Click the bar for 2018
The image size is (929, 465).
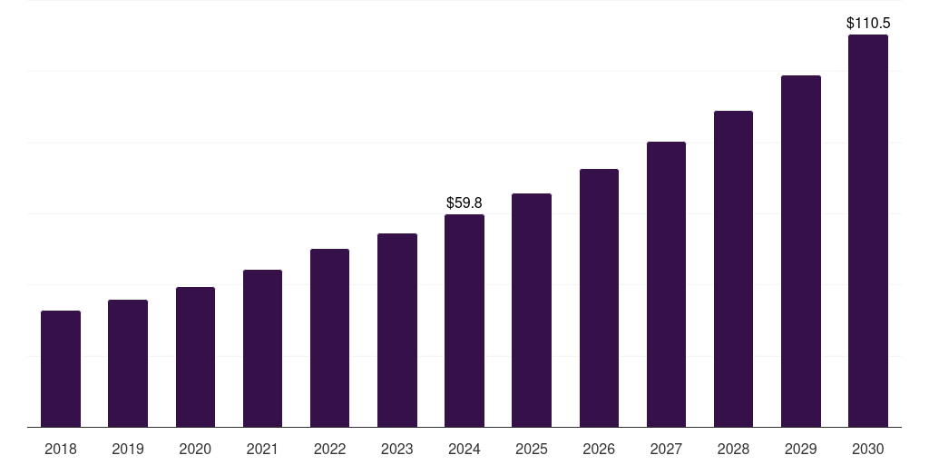point(61,369)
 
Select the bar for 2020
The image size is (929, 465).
point(195,357)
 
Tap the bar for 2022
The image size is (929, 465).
point(329,338)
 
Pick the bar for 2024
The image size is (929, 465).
point(464,321)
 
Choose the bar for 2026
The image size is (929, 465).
point(599,298)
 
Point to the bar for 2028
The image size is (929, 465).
point(733,269)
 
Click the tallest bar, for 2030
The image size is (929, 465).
point(867,231)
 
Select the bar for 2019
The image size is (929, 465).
point(128,363)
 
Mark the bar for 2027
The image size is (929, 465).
point(666,284)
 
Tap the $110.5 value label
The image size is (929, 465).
point(867,24)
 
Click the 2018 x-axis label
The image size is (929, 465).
point(61,449)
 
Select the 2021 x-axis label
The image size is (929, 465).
point(262,449)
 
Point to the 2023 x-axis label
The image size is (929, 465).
point(397,449)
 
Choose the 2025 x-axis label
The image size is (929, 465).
point(532,449)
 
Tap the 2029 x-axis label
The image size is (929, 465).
point(800,449)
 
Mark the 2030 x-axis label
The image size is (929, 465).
point(867,449)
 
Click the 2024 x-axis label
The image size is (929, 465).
point(464,449)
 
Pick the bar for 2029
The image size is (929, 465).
point(800,251)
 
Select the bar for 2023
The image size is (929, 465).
point(397,330)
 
